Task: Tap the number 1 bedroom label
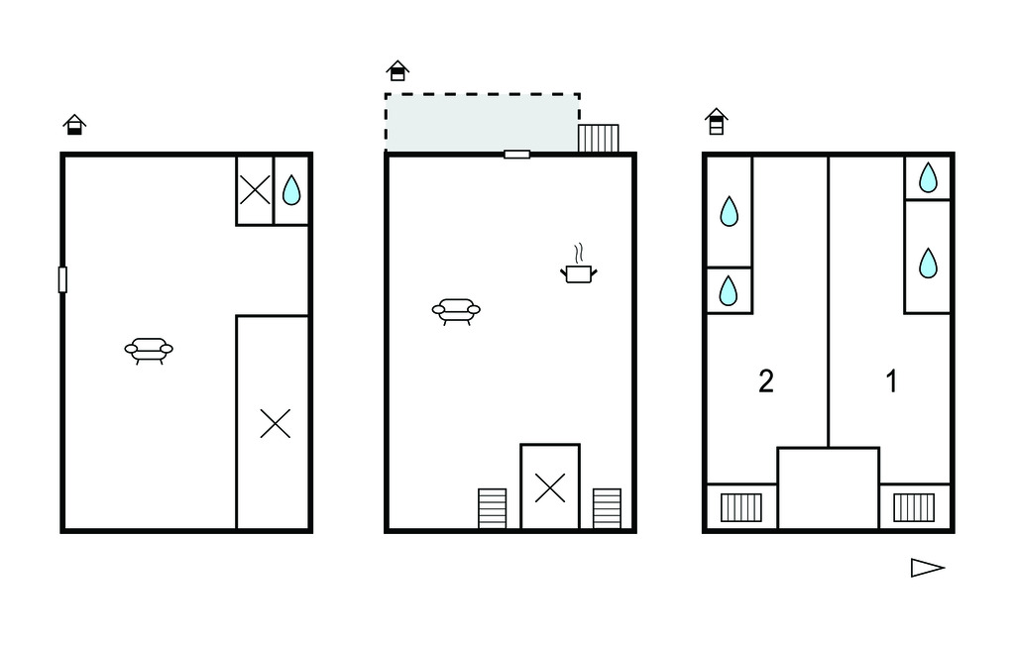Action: tap(891, 381)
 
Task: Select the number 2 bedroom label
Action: tap(766, 381)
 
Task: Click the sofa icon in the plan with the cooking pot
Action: tap(456, 311)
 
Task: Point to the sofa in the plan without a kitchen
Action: tap(149, 350)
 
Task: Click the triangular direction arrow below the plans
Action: tap(928, 568)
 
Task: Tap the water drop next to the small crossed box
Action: tap(291, 189)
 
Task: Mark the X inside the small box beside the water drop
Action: tap(255, 190)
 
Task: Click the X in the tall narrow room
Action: tap(276, 423)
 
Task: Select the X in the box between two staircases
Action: tap(550, 488)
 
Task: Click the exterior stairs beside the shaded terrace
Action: tap(598, 138)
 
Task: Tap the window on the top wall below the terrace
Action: tap(516, 154)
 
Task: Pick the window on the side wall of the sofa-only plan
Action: tap(62, 279)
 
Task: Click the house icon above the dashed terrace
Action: tap(397, 70)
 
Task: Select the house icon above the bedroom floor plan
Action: tap(716, 121)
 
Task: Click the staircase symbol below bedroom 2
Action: tap(741, 507)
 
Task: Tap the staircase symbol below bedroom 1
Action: tap(914, 507)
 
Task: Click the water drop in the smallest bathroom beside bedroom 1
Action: tap(928, 177)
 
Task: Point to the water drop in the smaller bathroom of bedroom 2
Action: tap(729, 290)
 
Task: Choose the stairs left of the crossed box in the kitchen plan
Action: tap(492, 508)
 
